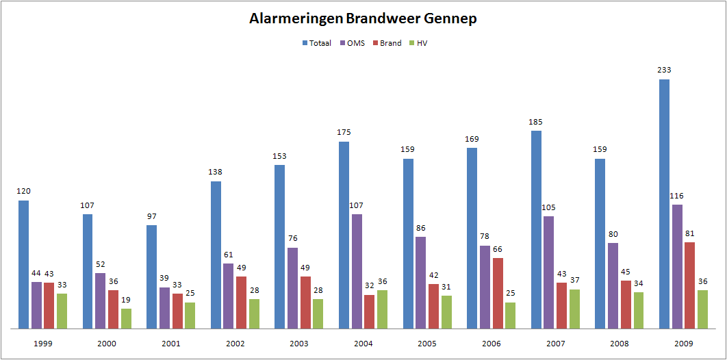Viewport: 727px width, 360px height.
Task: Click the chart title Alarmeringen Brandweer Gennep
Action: [363, 18]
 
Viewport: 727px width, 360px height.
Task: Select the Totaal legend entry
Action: [317, 43]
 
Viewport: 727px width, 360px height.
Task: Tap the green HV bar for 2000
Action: [126, 318]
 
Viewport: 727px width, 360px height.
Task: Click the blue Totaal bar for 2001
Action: [152, 277]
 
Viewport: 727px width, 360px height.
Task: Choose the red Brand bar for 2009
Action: [689, 285]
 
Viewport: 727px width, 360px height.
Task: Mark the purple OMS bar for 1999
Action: [36, 305]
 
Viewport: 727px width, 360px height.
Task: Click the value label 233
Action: [664, 70]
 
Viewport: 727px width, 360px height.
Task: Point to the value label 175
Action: [344, 132]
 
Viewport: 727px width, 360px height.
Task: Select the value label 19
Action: [126, 300]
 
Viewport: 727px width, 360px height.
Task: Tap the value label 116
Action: [677, 196]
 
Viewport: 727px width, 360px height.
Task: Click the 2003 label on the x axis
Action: [299, 343]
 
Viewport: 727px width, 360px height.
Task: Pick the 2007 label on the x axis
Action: [555, 343]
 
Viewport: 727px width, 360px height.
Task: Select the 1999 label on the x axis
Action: [43, 343]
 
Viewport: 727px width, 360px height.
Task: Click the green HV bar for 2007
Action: [574, 309]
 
